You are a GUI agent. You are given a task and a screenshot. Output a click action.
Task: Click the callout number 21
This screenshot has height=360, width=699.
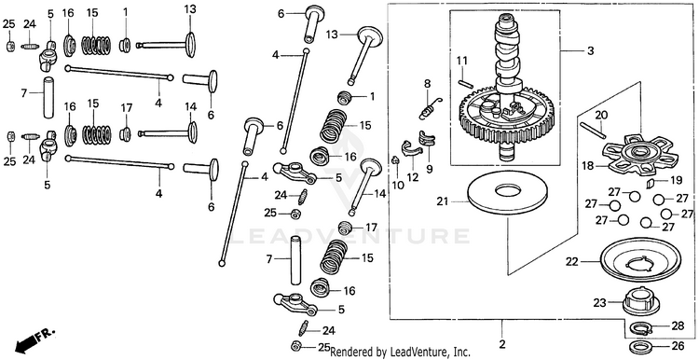443,202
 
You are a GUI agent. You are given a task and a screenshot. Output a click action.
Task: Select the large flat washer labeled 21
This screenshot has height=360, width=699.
508,192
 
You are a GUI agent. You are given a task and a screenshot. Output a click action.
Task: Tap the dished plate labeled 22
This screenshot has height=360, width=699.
640,259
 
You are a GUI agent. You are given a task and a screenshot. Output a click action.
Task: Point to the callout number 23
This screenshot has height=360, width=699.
599,303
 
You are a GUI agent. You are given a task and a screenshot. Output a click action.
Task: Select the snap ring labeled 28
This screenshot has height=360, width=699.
640,329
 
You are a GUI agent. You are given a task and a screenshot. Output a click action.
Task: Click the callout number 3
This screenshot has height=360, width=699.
591,51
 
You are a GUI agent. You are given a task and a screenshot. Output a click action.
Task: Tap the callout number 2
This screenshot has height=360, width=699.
502,344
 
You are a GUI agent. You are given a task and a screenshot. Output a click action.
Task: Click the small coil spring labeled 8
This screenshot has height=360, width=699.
430,108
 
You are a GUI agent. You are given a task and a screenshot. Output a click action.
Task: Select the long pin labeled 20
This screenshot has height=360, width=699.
593,130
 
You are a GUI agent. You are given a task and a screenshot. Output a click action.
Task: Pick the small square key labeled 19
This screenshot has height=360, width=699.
651,182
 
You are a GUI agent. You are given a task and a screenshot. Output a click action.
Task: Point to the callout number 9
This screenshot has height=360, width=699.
429,170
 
